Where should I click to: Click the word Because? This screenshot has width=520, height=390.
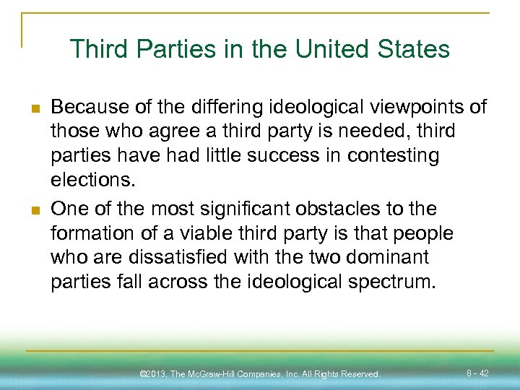[90, 108]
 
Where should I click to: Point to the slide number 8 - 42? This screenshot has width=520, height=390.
[477, 373]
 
